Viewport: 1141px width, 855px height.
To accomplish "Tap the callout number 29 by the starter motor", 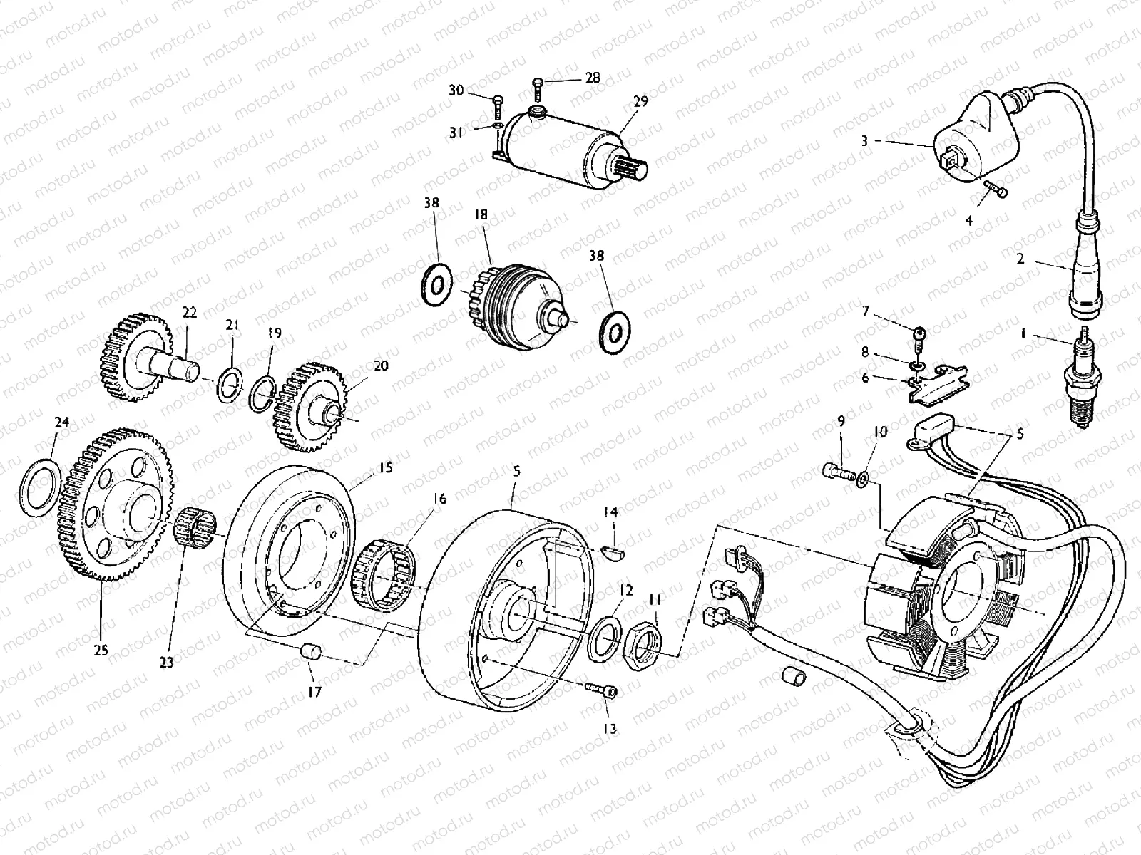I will point(640,102).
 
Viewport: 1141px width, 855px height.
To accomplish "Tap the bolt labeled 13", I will point(603,690).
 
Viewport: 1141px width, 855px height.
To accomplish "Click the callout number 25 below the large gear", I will point(101,649).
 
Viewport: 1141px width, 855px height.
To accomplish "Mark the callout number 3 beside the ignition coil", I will point(864,141).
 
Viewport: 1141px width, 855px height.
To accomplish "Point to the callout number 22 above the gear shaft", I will point(189,312).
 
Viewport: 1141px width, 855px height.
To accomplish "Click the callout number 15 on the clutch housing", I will point(386,468).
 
